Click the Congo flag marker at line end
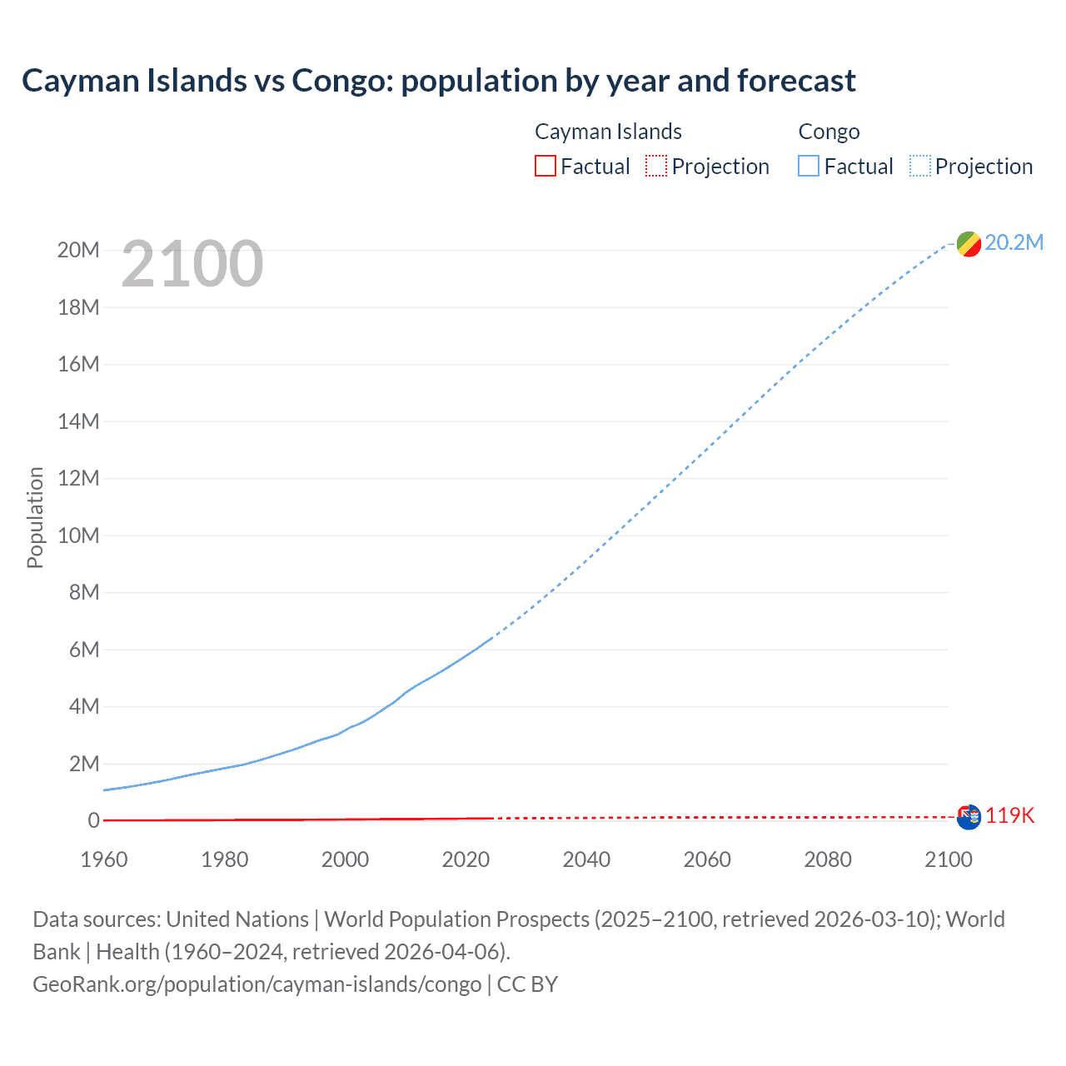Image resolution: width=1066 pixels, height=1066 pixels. click(969, 244)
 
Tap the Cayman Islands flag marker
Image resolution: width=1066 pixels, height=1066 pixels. click(969, 817)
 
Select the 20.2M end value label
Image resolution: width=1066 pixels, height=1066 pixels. click(1014, 242)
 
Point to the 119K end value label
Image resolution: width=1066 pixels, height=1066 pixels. click(1009, 816)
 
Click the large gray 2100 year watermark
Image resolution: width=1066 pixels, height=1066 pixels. click(192, 264)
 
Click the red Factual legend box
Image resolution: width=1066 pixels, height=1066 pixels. click(545, 167)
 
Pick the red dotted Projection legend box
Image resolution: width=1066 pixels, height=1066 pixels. click(656, 167)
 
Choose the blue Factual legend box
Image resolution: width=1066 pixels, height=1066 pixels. click(809, 167)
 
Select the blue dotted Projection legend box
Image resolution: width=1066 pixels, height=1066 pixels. click(920, 167)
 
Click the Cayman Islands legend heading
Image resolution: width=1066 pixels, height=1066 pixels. click(608, 132)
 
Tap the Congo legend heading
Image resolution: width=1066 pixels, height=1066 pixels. click(829, 132)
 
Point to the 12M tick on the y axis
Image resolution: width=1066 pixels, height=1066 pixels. click(78, 478)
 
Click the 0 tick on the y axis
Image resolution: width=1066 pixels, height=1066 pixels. click(93, 820)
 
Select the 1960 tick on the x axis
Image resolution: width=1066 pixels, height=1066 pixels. click(104, 859)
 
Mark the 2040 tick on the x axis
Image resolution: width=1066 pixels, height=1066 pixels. click(586, 859)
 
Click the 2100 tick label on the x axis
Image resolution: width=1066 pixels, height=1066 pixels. click(948, 859)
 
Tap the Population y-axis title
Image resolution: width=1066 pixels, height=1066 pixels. click(35, 517)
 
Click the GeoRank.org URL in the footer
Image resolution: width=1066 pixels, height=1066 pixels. click(257, 984)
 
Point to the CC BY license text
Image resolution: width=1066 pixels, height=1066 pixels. click(527, 984)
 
